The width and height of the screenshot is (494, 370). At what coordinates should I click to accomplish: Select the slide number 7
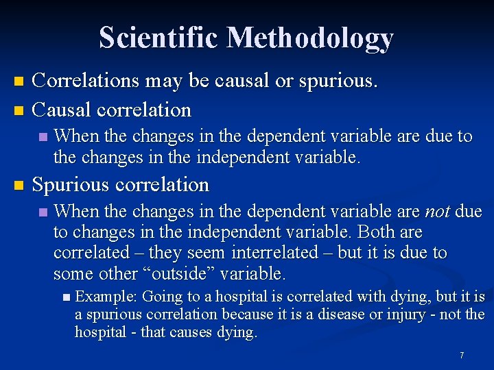coord(462,356)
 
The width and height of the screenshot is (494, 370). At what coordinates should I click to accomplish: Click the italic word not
coord(438,212)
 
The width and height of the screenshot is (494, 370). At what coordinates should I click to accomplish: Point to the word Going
coord(161,297)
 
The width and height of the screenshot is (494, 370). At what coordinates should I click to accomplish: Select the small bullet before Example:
coord(65,297)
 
